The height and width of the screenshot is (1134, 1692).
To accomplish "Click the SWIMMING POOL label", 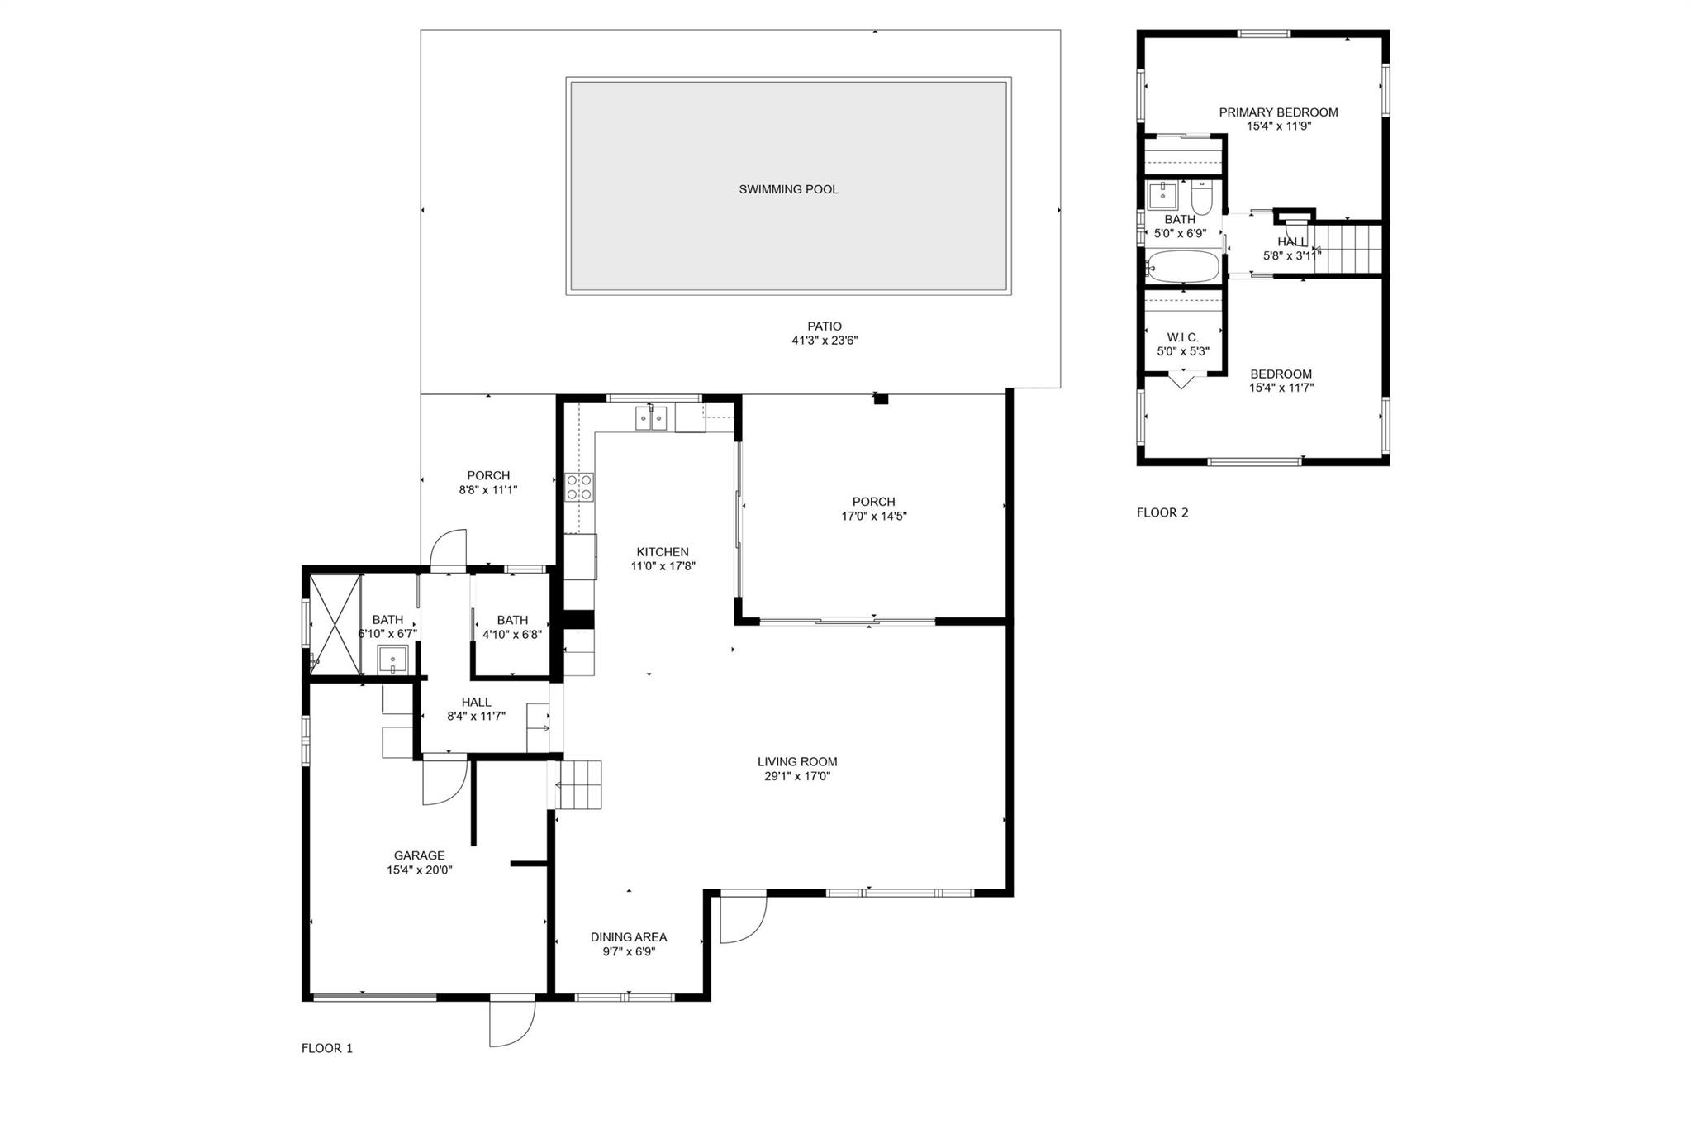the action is (788, 189).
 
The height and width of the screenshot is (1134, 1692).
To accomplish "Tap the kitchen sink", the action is (652, 418).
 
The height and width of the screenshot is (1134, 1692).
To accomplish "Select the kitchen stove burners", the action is (579, 487).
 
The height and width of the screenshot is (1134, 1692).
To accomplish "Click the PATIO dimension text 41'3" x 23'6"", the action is (825, 341).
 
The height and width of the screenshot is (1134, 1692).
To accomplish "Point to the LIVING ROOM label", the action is (797, 762).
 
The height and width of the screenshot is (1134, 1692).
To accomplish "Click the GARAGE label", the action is (419, 855).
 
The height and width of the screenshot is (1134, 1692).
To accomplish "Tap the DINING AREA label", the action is (629, 937).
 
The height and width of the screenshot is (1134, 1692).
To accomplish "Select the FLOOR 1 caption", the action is (327, 1048).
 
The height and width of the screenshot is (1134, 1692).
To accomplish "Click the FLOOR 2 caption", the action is (1162, 512).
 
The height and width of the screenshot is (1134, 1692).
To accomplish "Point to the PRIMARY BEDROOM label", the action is (1279, 112).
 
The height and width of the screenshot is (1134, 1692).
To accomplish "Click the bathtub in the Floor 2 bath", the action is (1183, 267).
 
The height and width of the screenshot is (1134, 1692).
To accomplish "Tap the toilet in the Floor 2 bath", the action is (1201, 197).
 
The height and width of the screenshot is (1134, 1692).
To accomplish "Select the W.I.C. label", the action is (1183, 337).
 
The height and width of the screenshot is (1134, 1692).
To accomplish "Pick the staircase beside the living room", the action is (579, 784).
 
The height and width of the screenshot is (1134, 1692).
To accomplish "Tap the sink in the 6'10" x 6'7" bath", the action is (393, 660).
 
